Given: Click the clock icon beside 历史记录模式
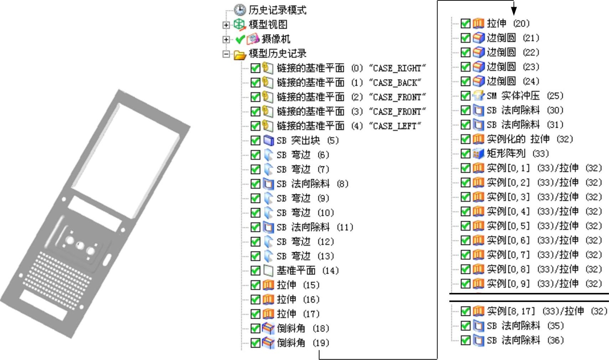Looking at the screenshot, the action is [240, 10].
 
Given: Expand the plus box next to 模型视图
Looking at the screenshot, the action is [226, 25].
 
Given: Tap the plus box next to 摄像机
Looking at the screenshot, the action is [226, 39].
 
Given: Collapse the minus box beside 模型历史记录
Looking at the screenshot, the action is [226, 54].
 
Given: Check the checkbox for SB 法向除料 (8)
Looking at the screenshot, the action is [255, 184].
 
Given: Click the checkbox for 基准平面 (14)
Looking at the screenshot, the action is [255, 271].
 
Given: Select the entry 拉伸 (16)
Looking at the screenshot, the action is [298, 299].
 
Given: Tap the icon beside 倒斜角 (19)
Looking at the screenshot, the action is [268, 343].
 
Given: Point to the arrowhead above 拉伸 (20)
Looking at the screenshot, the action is [513, 11].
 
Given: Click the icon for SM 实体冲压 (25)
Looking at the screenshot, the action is [478, 96].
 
